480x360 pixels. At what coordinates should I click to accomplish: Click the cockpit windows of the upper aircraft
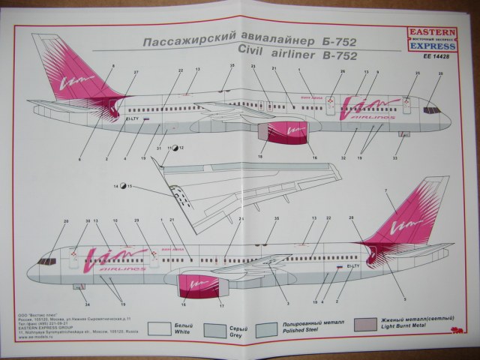coord(431,110)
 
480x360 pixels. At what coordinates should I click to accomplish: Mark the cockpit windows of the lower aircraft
coord(46,261)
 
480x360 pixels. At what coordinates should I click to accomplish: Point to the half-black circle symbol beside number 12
coord(175,148)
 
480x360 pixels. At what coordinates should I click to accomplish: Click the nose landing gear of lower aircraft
coord(76,287)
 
